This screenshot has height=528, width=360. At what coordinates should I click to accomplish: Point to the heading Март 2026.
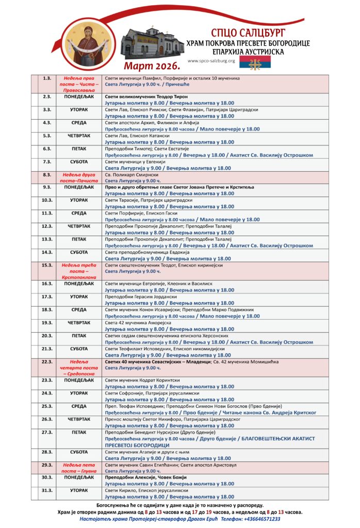(152, 67)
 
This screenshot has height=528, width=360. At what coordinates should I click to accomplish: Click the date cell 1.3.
(47, 78)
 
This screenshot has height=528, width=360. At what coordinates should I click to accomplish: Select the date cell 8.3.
(47, 175)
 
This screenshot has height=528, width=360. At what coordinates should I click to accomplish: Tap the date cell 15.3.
(47, 265)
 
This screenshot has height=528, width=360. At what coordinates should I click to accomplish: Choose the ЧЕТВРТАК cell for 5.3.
(79, 136)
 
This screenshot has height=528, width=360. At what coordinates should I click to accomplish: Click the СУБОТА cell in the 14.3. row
(79, 252)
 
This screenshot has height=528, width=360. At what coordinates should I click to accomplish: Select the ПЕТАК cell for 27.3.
(79, 432)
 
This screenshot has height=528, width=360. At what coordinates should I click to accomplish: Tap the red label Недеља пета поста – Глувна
(79, 468)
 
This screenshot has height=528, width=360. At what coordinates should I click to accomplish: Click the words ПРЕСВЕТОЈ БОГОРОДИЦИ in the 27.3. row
(137, 445)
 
